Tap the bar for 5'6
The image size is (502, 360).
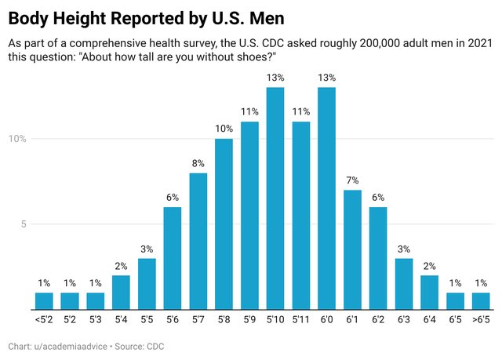click(x=173, y=258)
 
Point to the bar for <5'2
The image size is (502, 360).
click(x=44, y=301)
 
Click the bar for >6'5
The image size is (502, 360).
click(x=481, y=301)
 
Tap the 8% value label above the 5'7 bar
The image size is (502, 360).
click(x=198, y=163)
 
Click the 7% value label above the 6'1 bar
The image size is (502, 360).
click(x=352, y=180)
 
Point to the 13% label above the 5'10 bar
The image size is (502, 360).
click(x=275, y=78)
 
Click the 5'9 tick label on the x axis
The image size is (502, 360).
click(x=249, y=320)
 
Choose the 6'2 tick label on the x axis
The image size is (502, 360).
click(x=378, y=320)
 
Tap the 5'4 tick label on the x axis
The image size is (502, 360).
click(x=121, y=320)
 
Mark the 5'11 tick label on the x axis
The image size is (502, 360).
click(x=300, y=320)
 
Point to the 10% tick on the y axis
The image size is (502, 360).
click(x=18, y=140)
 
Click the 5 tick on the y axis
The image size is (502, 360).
click(x=24, y=224)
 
